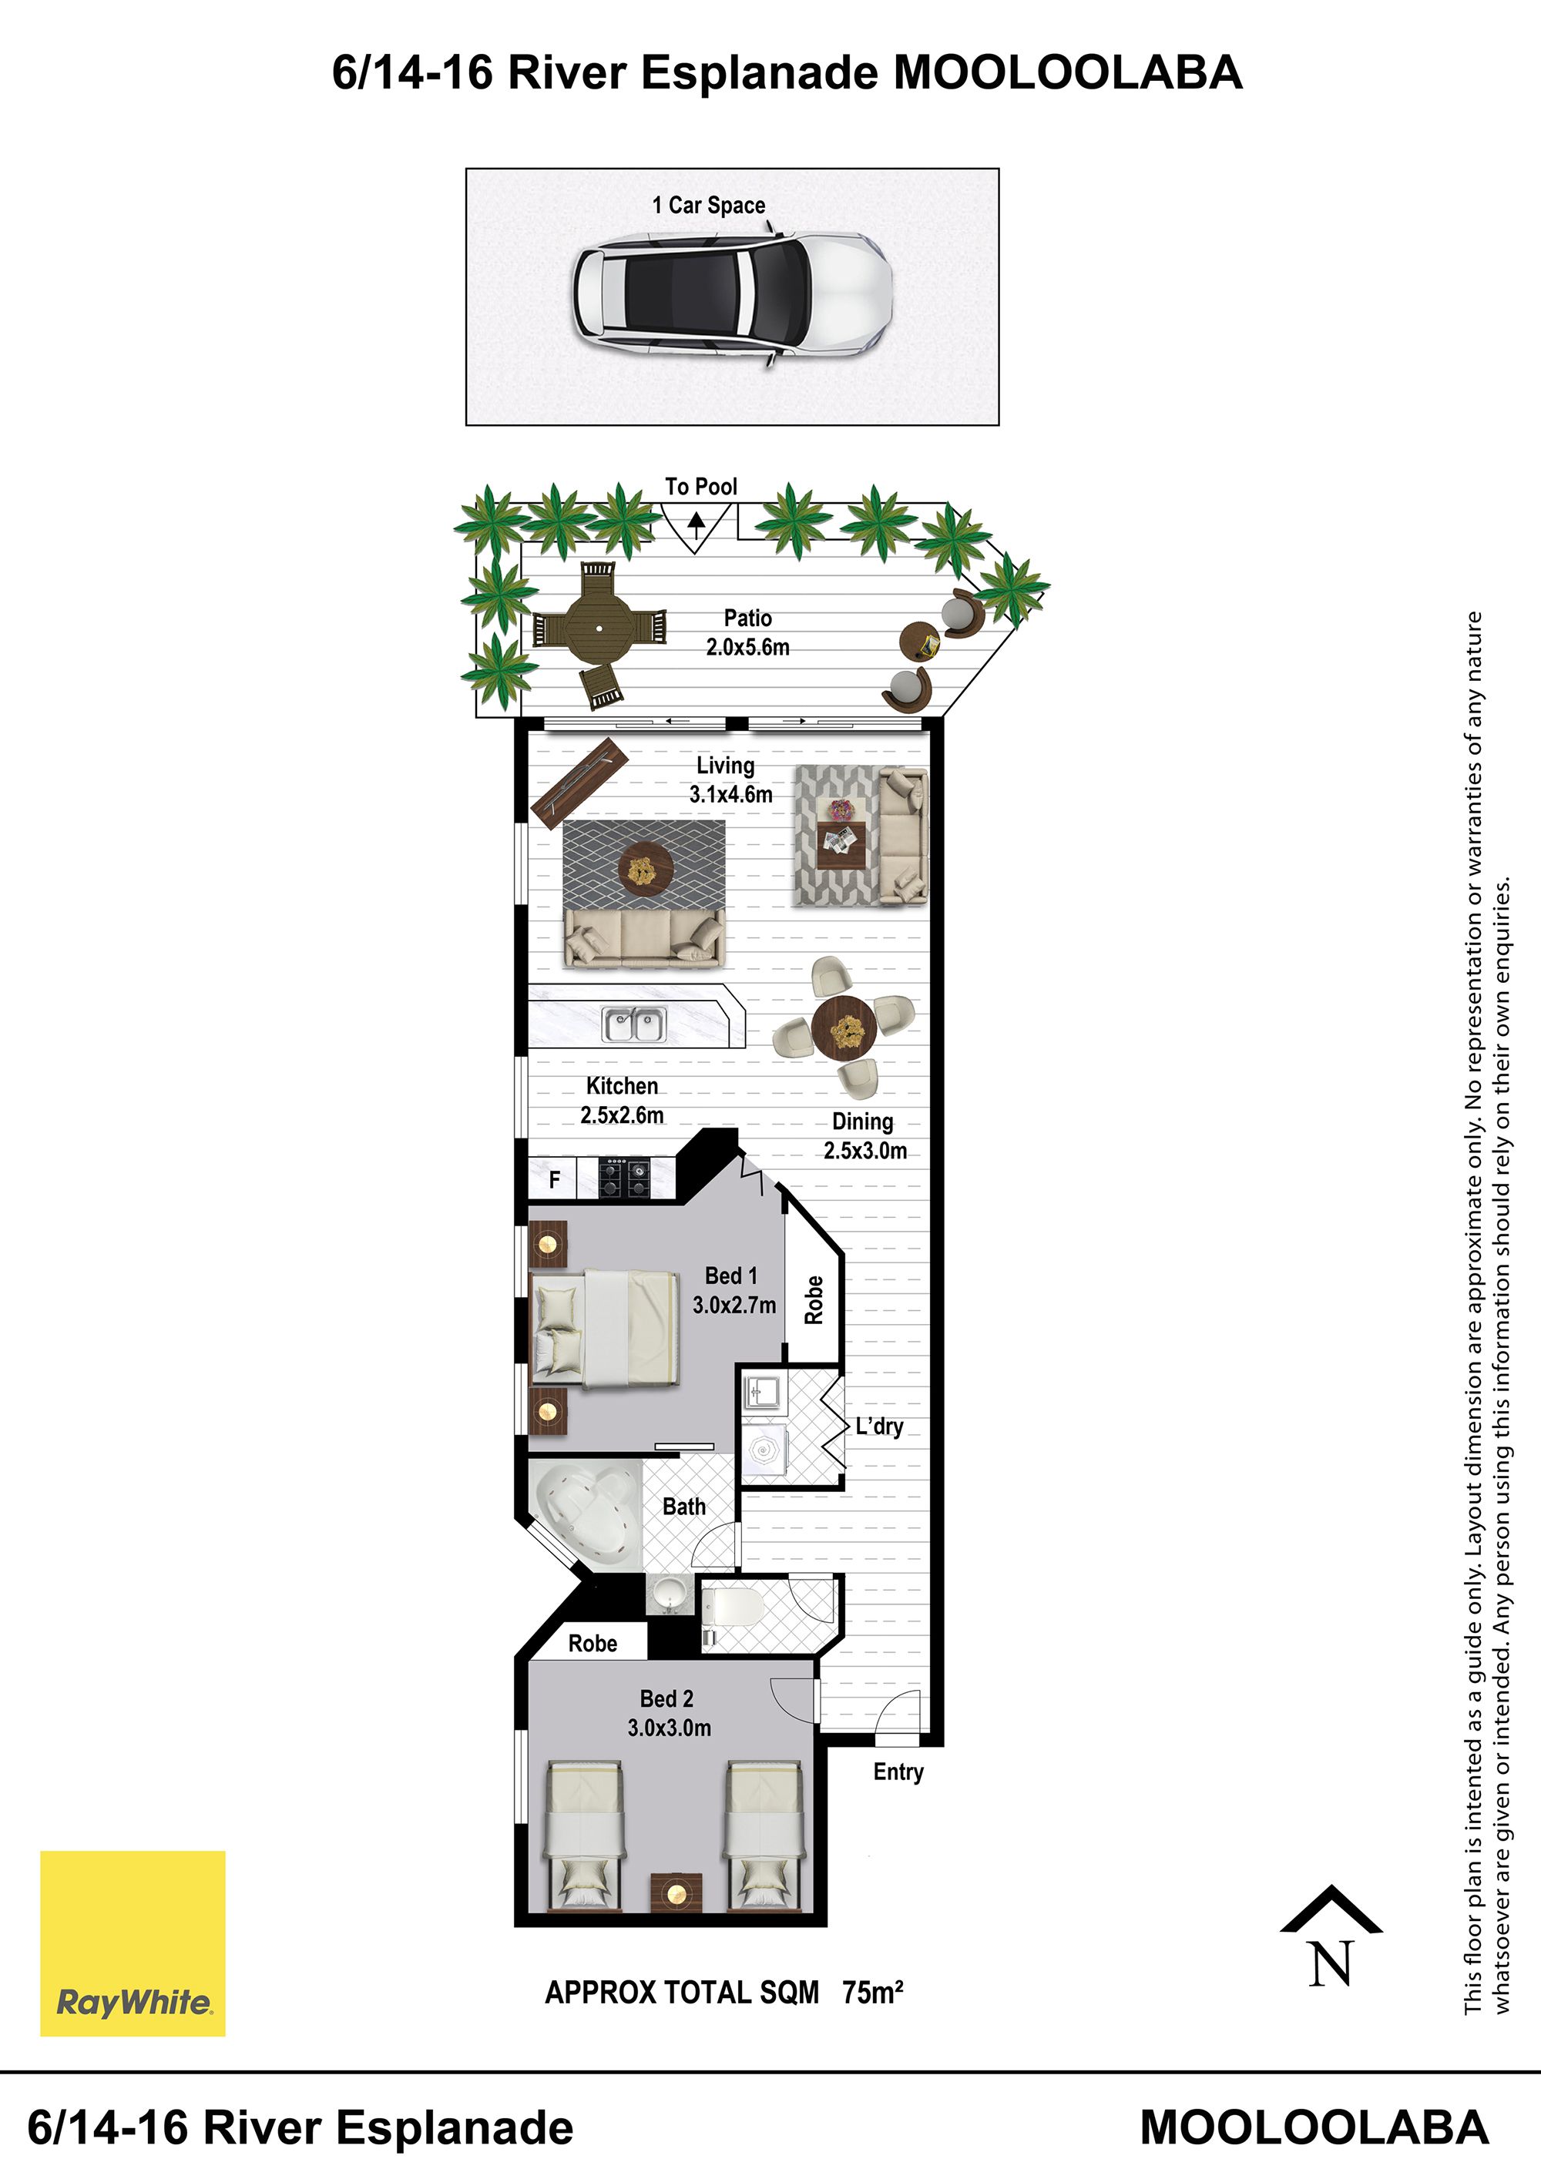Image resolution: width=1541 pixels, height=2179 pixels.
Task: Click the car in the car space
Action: pyautogui.click(x=731, y=296)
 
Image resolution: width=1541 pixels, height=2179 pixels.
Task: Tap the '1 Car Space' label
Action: pyautogui.click(x=708, y=205)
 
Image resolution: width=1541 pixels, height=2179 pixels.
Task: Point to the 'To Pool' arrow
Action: pyautogui.click(x=697, y=523)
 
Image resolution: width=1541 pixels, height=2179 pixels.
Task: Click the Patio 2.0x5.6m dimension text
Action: pyautogui.click(x=747, y=647)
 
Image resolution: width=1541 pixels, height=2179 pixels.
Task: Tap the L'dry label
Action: pyautogui.click(x=879, y=1426)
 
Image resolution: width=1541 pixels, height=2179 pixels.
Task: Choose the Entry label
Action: pyautogui.click(x=898, y=1772)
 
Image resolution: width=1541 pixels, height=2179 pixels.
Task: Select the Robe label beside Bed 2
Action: pyautogui.click(x=593, y=1644)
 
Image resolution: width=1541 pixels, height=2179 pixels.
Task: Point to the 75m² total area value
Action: pyautogui.click(x=872, y=1992)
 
